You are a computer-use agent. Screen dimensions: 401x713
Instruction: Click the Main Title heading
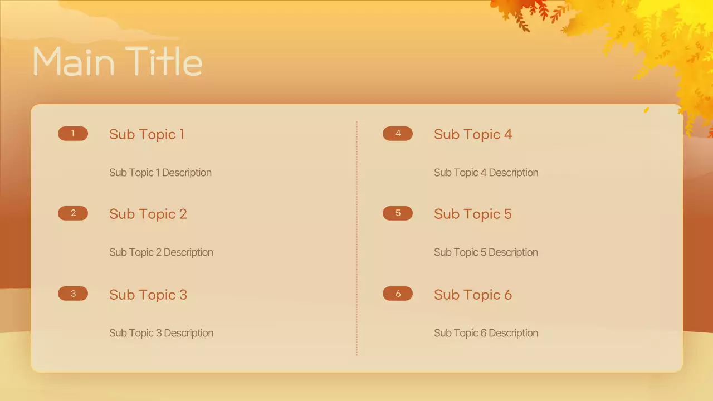pos(118,61)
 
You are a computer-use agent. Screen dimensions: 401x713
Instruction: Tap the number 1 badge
pos(73,134)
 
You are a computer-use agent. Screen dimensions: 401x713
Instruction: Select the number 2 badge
pos(73,213)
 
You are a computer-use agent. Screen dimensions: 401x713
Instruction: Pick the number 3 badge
pos(73,294)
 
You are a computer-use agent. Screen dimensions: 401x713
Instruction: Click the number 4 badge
pos(398,134)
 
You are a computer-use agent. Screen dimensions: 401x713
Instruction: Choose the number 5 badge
pos(398,213)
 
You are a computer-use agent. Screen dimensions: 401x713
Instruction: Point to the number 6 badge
pos(398,294)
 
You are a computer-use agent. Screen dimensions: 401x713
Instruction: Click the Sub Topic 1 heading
pos(146,134)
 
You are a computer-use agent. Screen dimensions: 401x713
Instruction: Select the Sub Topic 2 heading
pos(148,214)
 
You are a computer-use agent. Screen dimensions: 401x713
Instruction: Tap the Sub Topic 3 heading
pos(148,295)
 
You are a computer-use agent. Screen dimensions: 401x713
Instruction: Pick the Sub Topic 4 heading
pos(473,134)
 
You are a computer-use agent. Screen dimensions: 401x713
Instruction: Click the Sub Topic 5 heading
pos(473,214)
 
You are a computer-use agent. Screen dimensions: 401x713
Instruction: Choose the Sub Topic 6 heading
pos(473,295)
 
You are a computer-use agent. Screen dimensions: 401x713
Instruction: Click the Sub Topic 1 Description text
pos(160,173)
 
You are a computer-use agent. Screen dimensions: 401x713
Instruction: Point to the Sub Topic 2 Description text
pos(161,252)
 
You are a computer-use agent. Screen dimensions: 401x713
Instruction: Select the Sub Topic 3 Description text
pos(161,333)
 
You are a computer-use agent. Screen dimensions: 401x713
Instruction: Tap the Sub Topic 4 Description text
pos(486,173)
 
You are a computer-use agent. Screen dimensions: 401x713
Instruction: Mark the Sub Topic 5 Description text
pos(486,252)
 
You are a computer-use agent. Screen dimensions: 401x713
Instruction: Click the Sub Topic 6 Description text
pos(486,333)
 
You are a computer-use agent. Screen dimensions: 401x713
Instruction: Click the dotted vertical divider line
pos(357,238)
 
